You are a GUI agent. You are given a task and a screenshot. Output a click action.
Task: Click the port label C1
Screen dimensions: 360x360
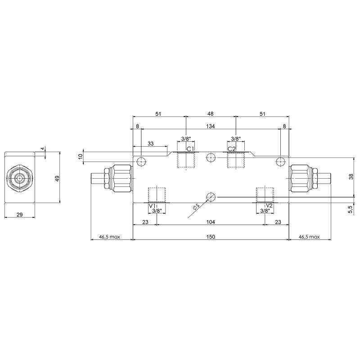[190, 149]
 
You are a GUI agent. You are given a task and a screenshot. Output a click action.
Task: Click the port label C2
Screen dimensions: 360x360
[232, 149]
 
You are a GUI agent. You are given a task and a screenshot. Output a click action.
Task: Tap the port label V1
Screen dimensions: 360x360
[152, 206]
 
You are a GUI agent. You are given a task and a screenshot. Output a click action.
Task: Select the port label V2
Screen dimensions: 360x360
[269, 206]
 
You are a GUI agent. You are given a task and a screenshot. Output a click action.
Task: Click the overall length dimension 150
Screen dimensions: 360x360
[211, 237]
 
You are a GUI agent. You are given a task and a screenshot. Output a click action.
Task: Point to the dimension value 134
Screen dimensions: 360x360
[210, 126]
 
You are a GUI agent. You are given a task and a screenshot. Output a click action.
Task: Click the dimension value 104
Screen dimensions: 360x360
[211, 222]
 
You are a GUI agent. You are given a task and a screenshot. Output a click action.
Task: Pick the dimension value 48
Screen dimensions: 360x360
[210, 114]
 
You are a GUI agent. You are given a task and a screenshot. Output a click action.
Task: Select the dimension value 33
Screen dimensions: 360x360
[150, 144]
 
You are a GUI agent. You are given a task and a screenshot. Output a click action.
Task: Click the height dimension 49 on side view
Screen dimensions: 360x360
[57, 178]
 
